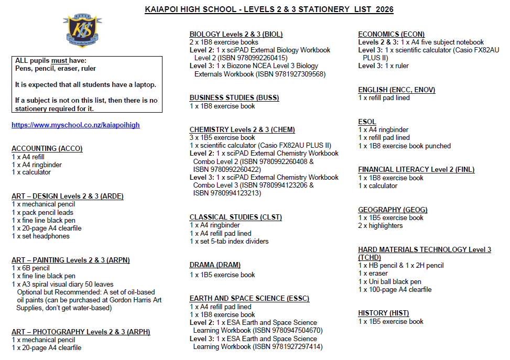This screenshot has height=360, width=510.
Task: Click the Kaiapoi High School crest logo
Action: (84, 31)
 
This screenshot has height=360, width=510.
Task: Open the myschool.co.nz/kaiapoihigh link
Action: (75, 125)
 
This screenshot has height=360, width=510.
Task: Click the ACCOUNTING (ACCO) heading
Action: (47, 148)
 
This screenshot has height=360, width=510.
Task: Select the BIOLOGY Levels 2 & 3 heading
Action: (236, 34)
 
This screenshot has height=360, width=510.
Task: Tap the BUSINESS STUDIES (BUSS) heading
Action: (234, 97)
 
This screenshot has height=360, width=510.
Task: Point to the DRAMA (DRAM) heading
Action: (215, 265)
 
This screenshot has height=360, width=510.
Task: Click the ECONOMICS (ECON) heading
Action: (391, 34)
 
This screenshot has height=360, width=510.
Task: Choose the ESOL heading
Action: (367, 122)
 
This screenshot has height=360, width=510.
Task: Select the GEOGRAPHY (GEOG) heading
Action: (393, 210)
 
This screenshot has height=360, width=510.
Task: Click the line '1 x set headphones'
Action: (40, 236)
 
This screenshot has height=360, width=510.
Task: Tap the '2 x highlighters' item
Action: (381, 225)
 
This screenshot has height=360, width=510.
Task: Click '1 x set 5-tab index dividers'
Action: (229, 241)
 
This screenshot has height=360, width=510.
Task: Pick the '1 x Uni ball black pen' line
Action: (389, 281)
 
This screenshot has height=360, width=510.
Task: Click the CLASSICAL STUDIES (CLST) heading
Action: (235, 217)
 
